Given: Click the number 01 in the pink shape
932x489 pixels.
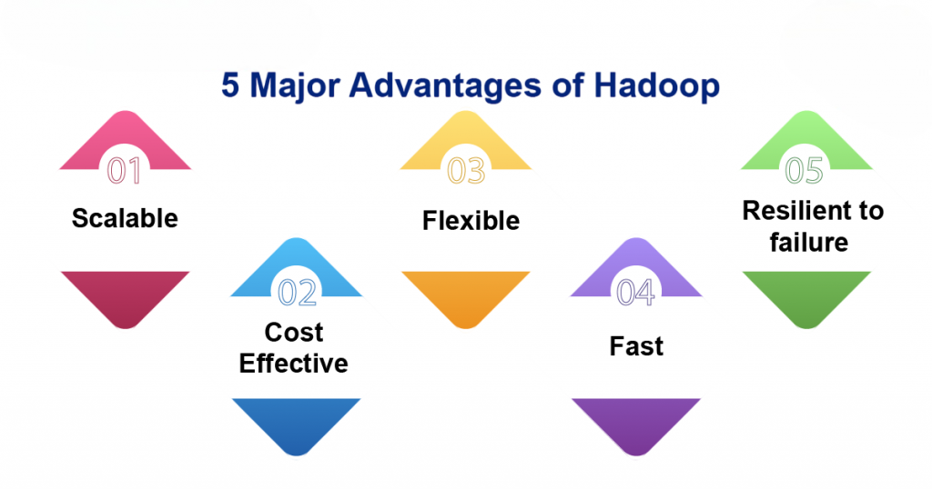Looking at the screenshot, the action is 124,170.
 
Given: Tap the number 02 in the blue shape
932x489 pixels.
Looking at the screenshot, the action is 298,293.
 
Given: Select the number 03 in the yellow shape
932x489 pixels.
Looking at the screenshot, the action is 466,170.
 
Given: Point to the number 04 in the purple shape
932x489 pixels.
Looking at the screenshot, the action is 635,293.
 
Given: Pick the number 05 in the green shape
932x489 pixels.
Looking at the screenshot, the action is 805,170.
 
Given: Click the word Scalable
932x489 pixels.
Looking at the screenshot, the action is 125,218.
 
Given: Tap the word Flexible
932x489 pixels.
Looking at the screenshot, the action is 471,221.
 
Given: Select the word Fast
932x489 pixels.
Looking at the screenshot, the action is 636,346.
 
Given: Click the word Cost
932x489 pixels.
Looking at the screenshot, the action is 294,333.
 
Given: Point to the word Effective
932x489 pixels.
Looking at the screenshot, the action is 294,364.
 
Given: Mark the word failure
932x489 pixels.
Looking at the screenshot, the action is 809,242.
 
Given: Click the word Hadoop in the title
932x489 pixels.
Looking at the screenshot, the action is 657,85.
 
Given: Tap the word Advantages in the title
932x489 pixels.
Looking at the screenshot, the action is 445,85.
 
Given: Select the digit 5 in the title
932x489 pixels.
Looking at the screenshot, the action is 230,85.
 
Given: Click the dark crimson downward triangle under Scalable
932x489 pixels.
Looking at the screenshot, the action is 125,294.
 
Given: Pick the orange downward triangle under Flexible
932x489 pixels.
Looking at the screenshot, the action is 466,294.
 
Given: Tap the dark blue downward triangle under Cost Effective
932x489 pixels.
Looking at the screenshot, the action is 297,420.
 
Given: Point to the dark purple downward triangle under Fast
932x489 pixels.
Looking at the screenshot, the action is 636,420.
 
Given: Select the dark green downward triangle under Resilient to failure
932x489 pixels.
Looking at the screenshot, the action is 806,294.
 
